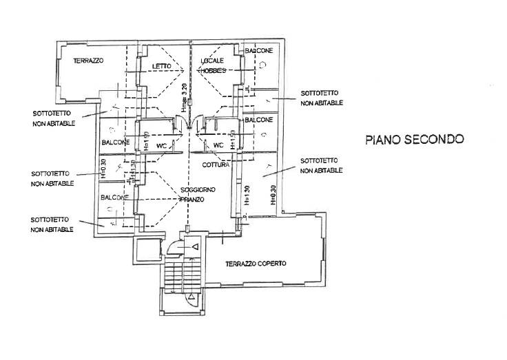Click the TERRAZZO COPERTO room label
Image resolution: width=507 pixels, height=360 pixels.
coord(256,264)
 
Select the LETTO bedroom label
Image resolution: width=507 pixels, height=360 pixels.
coord(161,66)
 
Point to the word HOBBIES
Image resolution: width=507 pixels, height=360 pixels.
coord(213,71)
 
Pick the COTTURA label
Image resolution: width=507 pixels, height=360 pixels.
coord(216,165)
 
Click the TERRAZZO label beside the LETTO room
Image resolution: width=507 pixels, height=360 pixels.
coord(87,61)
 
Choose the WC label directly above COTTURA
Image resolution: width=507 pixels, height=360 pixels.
coord(218,145)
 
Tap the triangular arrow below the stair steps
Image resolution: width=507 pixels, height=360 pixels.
coord(192,297)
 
